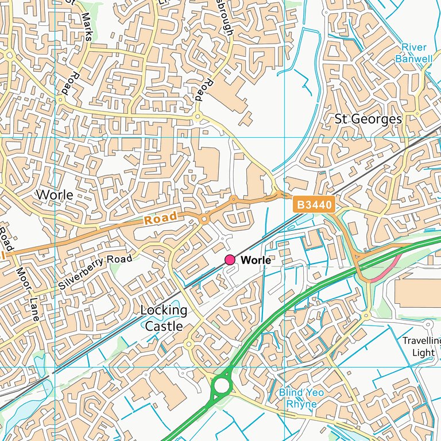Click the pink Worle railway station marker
(x=230, y=260)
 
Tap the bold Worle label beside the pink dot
(x=256, y=260)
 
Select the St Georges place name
(x=368, y=119)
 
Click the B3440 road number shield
(x=313, y=204)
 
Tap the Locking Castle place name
(x=164, y=318)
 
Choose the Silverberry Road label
(x=95, y=271)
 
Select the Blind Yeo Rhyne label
(x=301, y=398)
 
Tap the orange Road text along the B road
(x=161, y=219)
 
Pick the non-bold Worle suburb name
(x=55, y=195)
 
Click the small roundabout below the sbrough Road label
(x=198, y=117)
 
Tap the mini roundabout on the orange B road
(x=204, y=219)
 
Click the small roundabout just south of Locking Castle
(x=188, y=345)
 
